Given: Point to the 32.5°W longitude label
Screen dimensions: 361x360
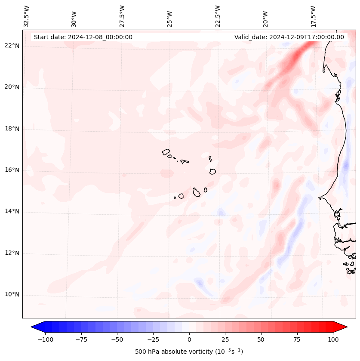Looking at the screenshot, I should [27, 16].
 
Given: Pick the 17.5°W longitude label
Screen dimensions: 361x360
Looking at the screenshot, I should [313, 16].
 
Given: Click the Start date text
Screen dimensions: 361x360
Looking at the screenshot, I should [83, 37].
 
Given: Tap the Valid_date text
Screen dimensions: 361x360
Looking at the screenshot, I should [289, 37].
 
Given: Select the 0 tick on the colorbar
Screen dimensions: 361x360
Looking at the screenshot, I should [189, 339].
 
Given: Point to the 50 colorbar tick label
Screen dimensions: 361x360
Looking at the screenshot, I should [261, 339].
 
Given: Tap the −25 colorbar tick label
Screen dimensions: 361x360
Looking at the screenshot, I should [153, 339].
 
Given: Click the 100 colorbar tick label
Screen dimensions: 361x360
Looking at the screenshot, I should [333, 339].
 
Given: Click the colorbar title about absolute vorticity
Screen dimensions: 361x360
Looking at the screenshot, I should [189, 352].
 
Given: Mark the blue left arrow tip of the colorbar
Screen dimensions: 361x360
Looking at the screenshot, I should [32, 327].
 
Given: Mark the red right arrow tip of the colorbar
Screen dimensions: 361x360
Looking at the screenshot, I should [346, 327].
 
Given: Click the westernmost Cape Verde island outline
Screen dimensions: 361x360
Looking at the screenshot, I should [166, 152].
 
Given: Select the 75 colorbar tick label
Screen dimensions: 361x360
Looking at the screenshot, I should [297, 339].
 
